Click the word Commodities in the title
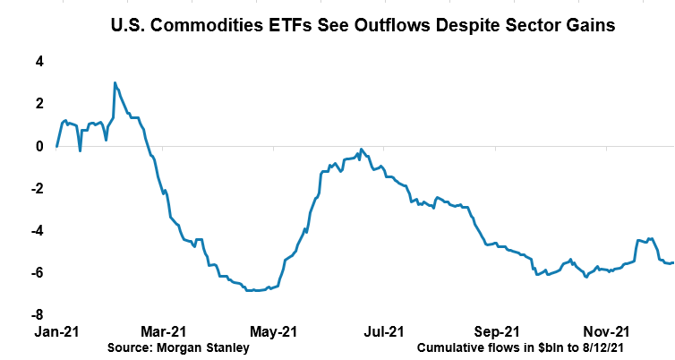coord(192,26)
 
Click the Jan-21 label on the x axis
coord(56,331)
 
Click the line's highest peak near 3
coord(115,83)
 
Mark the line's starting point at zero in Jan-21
coord(57,146)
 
